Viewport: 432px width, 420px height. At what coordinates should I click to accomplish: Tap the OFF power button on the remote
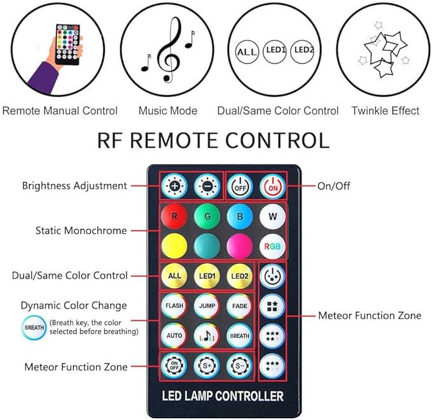[240, 186]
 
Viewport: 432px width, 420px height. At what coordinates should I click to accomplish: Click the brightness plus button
[174, 186]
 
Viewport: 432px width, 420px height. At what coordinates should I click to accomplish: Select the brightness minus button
[207, 186]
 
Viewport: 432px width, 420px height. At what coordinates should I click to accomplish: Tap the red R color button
[174, 216]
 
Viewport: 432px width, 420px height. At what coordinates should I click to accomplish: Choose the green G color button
[207, 216]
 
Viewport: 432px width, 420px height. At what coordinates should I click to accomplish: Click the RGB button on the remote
[272, 246]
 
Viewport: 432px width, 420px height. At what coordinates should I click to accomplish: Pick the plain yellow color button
[174, 246]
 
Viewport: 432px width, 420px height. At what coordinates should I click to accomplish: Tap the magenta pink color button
[240, 246]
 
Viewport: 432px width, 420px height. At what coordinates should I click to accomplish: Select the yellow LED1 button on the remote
[207, 276]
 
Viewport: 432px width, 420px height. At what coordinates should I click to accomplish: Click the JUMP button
[207, 306]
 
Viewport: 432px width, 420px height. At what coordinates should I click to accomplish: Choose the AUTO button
[174, 335]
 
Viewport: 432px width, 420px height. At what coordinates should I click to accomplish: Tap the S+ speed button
[207, 366]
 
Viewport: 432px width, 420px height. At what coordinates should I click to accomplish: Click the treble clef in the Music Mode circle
[169, 50]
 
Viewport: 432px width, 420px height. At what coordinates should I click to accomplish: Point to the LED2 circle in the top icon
[303, 52]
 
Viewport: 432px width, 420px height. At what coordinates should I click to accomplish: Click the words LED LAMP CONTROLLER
[223, 396]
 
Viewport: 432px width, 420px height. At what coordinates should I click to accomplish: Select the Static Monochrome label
[81, 230]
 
